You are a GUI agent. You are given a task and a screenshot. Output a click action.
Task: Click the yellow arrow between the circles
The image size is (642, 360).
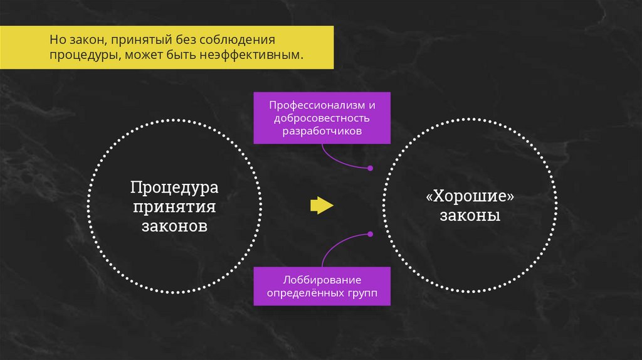click(x=321, y=206)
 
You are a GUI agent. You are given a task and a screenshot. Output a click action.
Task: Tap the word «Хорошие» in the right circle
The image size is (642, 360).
click(x=470, y=196)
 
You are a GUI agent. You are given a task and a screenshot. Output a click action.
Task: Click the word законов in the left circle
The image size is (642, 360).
click(x=174, y=226)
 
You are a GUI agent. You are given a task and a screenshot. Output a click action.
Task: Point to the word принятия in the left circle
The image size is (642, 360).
click(x=174, y=207)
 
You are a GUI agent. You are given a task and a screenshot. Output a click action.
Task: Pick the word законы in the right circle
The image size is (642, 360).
click(x=470, y=216)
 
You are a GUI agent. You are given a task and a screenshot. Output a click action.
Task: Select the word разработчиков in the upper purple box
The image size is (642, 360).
click(x=322, y=131)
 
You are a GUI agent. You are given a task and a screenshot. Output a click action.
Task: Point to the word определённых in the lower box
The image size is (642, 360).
click(x=305, y=292)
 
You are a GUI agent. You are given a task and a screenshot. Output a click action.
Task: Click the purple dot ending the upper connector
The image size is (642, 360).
click(x=370, y=168)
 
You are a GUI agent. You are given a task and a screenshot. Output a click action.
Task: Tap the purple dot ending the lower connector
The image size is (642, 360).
click(x=370, y=234)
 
